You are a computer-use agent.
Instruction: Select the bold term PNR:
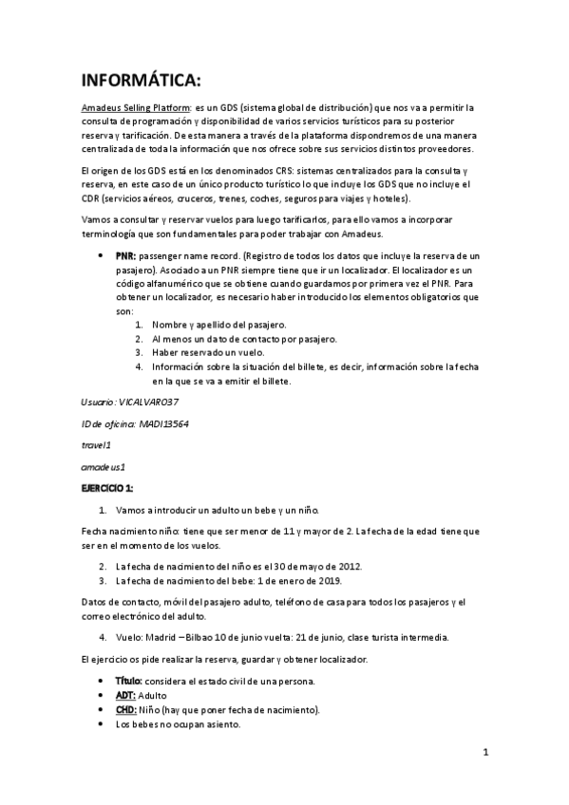pyautogui.click(x=125, y=257)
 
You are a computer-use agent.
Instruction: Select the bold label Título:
pyautogui.click(x=128, y=682)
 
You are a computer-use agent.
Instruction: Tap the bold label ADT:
pyautogui.click(x=125, y=696)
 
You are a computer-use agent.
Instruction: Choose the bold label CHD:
pyautogui.click(x=126, y=710)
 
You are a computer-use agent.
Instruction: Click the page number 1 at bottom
pyautogui.click(x=484, y=754)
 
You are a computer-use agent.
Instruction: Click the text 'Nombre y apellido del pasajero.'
pyautogui.click(x=218, y=326)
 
